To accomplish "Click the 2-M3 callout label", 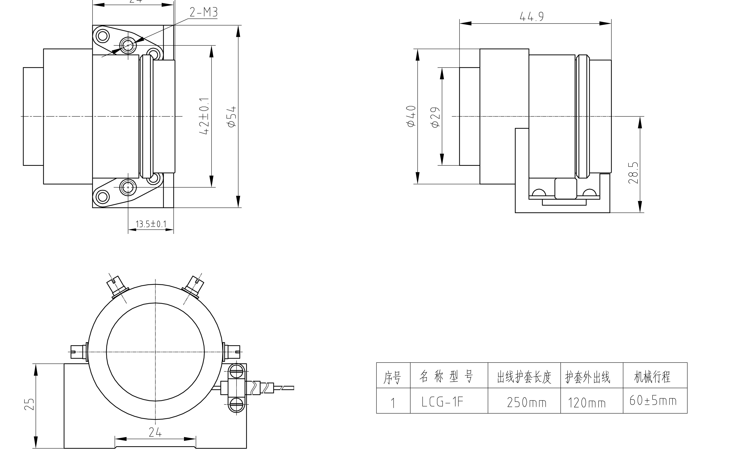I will point(203,12).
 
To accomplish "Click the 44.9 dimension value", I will point(532,17).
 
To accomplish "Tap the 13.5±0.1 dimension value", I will point(151,224).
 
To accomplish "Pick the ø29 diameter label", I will point(436,117).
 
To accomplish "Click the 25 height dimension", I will point(29,404).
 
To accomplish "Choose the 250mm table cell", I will point(527,403).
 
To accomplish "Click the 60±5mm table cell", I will point(652,401).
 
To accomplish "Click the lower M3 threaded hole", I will point(128,187).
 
